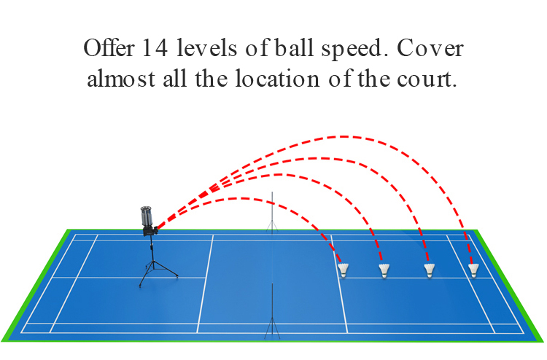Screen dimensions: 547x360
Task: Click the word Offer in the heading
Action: [109, 48]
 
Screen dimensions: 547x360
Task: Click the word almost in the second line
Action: [121, 79]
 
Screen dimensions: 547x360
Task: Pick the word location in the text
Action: [277, 79]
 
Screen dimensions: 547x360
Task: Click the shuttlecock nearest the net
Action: [344, 270]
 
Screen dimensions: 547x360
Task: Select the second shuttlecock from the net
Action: [384, 271]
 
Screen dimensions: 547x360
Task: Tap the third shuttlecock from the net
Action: [430, 270]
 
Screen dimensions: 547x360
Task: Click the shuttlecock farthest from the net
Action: [473, 270]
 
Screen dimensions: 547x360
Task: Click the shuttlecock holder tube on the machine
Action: [147, 216]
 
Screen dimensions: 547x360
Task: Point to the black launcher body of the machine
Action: [150, 231]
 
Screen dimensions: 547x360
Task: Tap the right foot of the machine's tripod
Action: [177, 276]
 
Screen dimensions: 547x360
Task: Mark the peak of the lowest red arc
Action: [241, 199]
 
